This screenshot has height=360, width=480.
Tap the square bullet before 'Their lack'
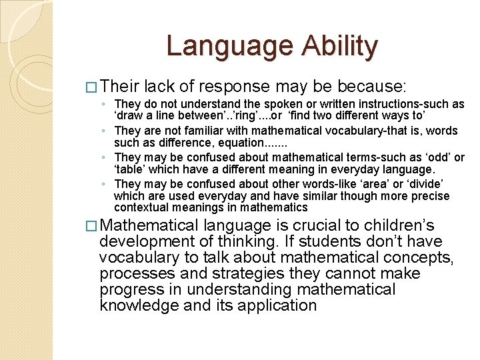coord(93,87)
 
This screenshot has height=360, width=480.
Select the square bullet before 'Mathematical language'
coord(93,226)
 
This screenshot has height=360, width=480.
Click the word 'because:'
coord(378,87)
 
